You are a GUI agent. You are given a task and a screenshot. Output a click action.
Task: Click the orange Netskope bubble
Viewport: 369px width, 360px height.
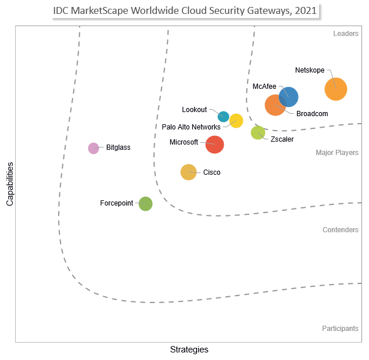click(x=335, y=89)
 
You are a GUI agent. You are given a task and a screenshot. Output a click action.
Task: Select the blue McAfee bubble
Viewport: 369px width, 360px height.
click(x=288, y=97)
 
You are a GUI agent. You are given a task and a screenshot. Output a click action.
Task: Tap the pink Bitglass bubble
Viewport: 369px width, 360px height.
click(x=94, y=149)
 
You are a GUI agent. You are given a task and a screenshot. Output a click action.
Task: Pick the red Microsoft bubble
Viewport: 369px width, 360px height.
click(x=214, y=145)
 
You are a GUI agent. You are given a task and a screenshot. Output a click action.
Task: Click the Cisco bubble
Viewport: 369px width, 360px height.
click(x=188, y=172)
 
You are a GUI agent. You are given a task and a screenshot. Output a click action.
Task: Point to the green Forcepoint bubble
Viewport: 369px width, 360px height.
click(x=145, y=204)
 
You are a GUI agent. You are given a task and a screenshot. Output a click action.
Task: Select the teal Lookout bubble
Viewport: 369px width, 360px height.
click(x=223, y=117)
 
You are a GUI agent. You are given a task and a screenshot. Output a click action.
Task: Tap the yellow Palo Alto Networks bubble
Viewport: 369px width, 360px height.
click(x=236, y=121)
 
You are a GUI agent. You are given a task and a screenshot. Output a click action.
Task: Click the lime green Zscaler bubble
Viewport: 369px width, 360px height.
click(x=258, y=132)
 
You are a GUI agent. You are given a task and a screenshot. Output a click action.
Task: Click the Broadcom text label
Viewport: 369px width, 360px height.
click(x=312, y=114)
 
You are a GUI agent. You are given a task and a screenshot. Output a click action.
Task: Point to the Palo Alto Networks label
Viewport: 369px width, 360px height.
click(x=191, y=127)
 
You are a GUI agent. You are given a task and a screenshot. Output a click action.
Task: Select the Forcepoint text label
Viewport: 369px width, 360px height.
click(x=116, y=203)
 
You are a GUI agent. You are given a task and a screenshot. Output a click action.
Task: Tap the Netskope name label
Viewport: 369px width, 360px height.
click(x=310, y=70)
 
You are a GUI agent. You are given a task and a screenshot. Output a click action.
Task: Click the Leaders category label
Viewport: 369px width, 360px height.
click(x=346, y=34)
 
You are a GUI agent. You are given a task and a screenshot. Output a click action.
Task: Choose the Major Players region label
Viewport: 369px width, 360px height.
click(x=337, y=153)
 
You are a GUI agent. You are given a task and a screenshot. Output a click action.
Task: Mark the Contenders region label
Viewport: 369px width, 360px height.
click(x=341, y=230)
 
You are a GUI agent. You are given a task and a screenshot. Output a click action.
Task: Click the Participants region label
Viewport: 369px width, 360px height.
click(x=340, y=329)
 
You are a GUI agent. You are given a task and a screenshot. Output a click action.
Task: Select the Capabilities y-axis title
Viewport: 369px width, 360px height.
click(x=10, y=184)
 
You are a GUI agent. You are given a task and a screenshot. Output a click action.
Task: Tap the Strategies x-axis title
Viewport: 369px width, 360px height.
click(x=189, y=350)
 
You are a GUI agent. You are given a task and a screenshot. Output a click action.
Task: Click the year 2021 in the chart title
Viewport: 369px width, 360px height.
click(x=306, y=10)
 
